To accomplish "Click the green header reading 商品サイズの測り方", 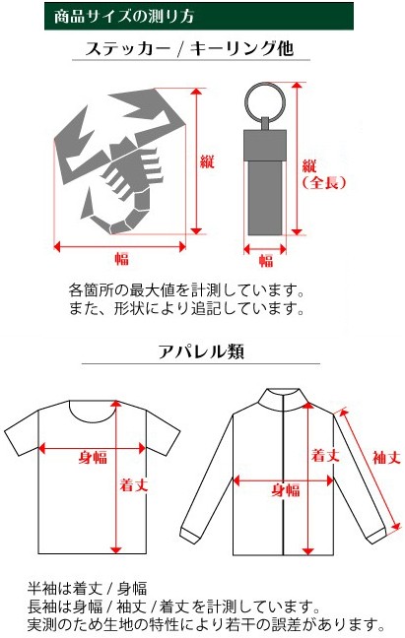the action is (199, 16).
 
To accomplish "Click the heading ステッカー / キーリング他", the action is (189, 48).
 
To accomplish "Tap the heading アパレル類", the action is (201, 351).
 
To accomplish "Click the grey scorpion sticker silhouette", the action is (120, 161).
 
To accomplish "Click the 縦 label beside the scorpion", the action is (207, 161).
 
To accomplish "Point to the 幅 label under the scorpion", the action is (121, 258).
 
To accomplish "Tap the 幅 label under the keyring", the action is (266, 260).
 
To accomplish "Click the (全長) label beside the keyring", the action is (324, 182).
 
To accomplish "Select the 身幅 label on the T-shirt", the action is (93, 458).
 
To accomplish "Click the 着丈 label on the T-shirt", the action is (133, 484).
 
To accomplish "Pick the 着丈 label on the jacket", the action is (325, 455).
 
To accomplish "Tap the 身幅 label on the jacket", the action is (286, 490).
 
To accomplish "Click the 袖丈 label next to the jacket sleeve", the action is (386, 458).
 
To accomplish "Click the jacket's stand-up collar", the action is (284, 400).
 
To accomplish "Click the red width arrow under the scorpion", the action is (120, 246).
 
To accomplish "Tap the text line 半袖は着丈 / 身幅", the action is (87, 588).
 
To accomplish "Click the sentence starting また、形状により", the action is (187, 308).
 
